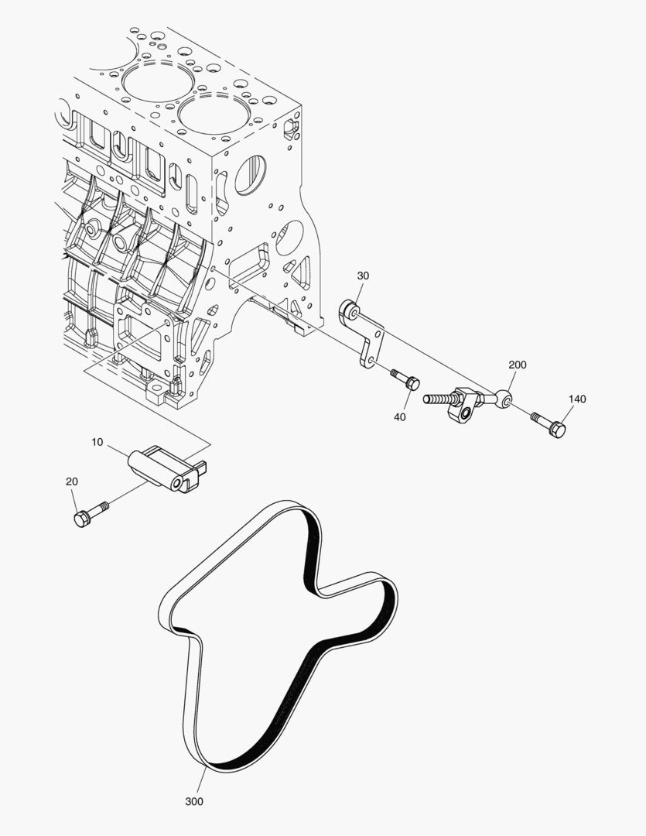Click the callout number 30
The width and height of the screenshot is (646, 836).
point(363,276)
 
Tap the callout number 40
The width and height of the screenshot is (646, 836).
point(399,416)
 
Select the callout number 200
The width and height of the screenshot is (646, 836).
point(517,365)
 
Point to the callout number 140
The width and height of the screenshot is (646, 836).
point(577,399)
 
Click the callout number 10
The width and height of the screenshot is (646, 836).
point(97,442)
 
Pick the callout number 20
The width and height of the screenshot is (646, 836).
point(72,481)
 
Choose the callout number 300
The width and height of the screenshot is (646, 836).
point(194,801)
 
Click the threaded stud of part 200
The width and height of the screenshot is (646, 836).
point(438,399)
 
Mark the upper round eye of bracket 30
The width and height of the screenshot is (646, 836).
point(350,311)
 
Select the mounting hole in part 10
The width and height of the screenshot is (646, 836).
point(180,483)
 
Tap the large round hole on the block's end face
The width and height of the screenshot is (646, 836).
point(250,174)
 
